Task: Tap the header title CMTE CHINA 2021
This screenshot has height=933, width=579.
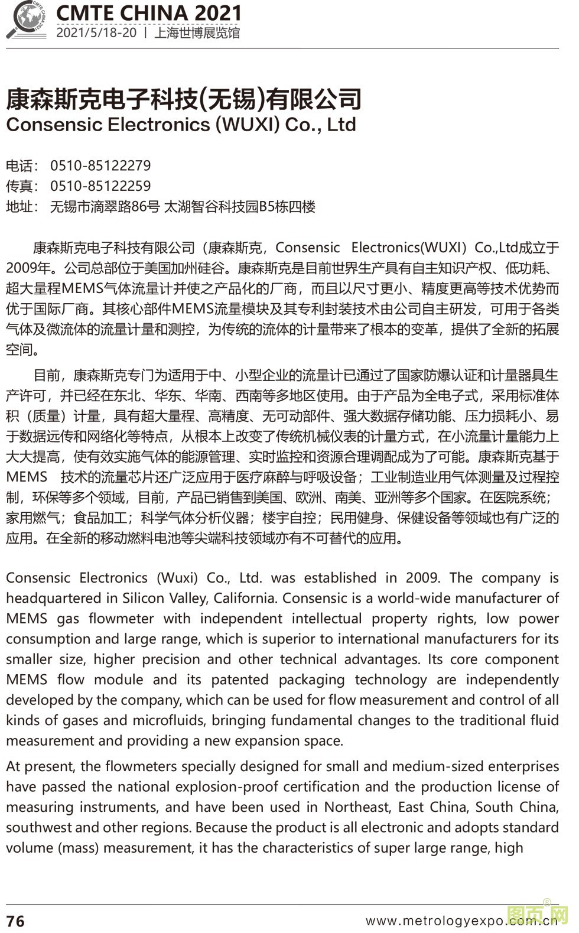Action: [148, 13]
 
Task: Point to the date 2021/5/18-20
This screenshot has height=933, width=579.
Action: [96, 33]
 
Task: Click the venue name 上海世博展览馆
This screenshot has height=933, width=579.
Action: [197, 33]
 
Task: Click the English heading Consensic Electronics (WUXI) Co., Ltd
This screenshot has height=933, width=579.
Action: [181, 125]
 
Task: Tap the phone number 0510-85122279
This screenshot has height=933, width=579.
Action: [100, 165]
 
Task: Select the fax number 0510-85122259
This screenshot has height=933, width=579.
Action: [100, 186]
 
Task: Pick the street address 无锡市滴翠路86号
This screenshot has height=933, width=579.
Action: [105, 207]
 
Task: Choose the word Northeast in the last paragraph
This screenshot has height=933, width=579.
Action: [357, 807]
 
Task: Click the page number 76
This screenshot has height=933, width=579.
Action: [15, 921]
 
